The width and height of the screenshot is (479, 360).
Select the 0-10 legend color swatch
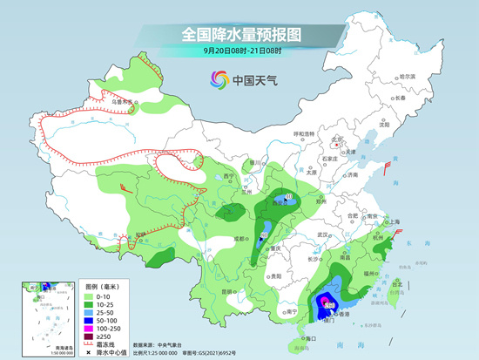pyautogui.click(x=87, y=299)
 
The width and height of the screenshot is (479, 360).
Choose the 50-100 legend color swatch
pyautogui.click(x=87, y=321)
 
